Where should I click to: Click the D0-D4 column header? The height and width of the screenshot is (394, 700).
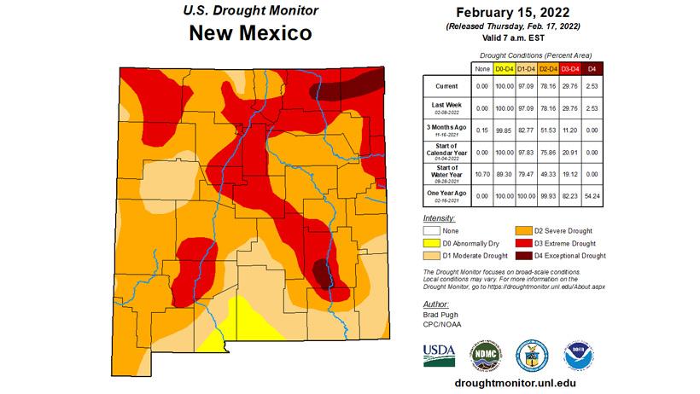(x=504, y=67)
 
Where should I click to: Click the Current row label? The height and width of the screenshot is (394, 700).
(x=446, y=86)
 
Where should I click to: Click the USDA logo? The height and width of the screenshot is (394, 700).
(x=439, y=354)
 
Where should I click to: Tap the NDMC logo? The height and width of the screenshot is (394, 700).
(x=484, y=354)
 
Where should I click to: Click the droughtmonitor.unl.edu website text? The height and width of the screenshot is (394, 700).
(x=510, y=383)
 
